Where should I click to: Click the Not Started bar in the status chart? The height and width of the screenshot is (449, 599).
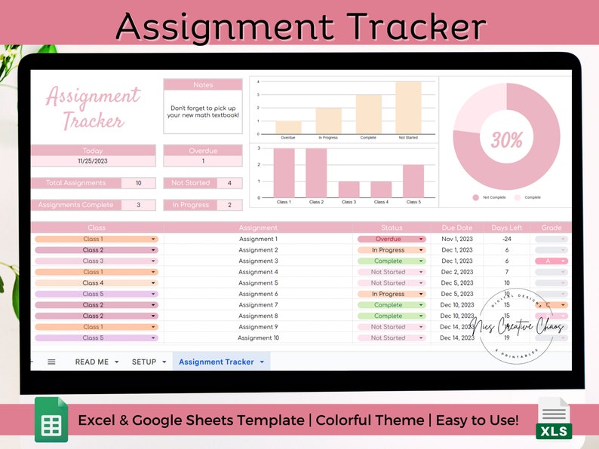tap(408, 108)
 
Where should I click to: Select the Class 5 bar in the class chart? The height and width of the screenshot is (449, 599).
tap(413, 181)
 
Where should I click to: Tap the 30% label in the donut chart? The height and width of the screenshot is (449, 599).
tap(506, 139)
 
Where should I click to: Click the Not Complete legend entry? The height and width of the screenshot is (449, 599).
tap(493, 197)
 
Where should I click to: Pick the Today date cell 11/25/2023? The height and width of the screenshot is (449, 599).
tap(93, 161)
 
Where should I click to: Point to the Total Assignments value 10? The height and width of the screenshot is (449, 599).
tap(138, 183)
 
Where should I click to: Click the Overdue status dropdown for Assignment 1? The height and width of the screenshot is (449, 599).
tap(392, 239)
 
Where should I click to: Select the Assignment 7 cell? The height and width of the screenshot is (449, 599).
tap(258, 305)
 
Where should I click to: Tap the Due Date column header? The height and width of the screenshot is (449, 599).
tap(457, 228)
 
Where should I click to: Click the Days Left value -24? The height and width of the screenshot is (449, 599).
tap(506, 239)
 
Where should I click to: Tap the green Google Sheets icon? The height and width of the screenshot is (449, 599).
tap(51, 420)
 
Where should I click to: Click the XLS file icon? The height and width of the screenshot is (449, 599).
tap(554, 419)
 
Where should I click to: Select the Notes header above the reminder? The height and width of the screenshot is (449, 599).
tap(203, 85)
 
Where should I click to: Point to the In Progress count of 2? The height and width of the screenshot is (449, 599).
tap(229, 205)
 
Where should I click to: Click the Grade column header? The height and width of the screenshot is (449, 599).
tap(551, 228)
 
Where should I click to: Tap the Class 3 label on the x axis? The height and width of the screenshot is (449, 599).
tap(349, 202)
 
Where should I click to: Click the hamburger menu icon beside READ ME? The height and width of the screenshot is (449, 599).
tap(51, 362)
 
